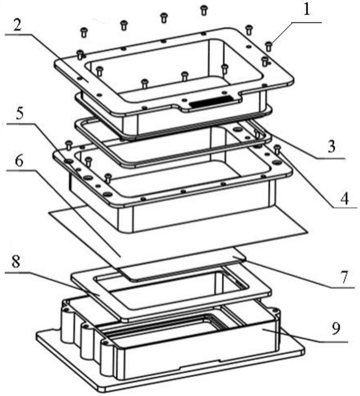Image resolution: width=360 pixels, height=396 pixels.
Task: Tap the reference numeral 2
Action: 17,25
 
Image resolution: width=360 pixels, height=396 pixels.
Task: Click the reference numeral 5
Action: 19,114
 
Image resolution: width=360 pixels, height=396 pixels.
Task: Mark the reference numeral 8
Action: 16,262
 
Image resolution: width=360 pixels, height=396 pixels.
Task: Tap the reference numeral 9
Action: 336,328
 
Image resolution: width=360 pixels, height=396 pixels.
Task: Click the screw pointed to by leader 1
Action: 269,46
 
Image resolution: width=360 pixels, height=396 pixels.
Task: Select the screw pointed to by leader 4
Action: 277,149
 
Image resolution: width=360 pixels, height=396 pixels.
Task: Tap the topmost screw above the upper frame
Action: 204,10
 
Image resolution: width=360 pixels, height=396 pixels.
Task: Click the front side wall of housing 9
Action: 197,354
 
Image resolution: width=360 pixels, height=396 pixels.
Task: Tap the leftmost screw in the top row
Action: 84,32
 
